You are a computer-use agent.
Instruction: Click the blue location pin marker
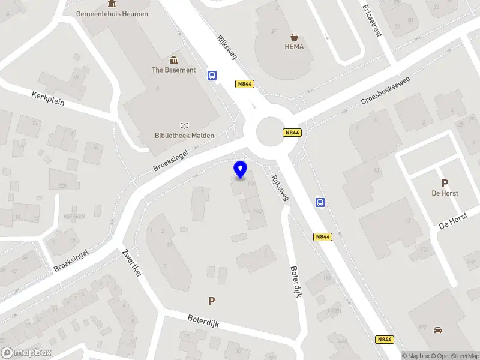tap(241, 170)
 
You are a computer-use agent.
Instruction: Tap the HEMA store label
tap(294, 47)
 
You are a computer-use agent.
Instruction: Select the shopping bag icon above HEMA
tap(294, 37)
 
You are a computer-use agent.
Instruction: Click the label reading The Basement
tap(173, 70)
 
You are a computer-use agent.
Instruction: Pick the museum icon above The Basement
tap(173, 59)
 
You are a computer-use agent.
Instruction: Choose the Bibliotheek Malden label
tap(184, 136)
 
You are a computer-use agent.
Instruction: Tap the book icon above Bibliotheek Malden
tap(184, 125)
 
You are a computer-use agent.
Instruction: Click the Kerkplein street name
tap(48, 98)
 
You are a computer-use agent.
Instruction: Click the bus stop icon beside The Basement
tap(212, 76)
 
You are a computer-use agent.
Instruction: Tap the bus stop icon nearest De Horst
tap(320, 202)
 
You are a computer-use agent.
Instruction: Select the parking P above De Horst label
tap(445, 183)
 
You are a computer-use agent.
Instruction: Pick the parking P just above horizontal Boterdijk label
tap(211, 301)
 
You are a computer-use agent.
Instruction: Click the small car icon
tap(437, 330)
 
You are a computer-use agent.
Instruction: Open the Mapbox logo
tap(26, 353)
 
